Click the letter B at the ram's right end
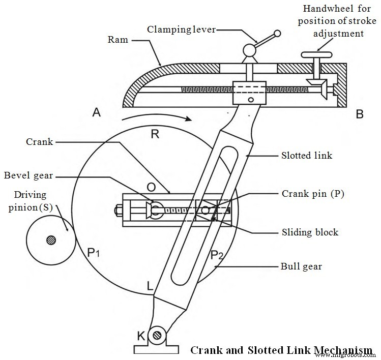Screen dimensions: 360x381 pyautogui.click(x=360, y=114)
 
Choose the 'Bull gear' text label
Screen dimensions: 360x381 pyautogui.click(x=302, y=266)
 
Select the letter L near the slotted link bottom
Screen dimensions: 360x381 pyautogui.click(x=150, y=287)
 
